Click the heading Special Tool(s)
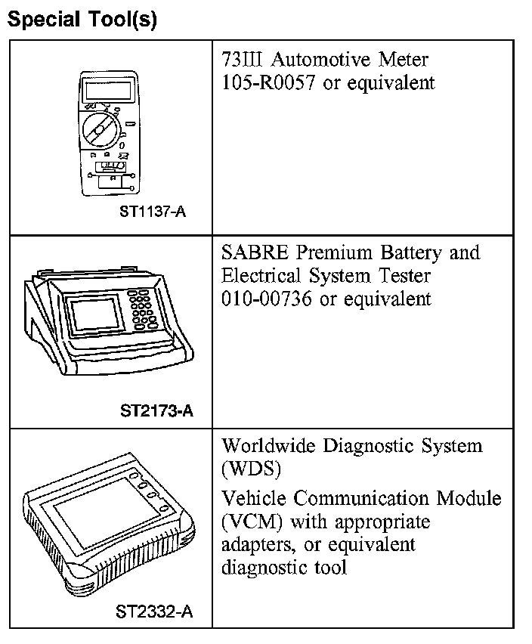[82, 20]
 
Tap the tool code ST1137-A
[152, 212]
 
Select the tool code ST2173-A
[156, 412]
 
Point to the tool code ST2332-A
[155, 611]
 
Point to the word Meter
[402, 59]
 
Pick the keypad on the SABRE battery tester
[142, 309]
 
